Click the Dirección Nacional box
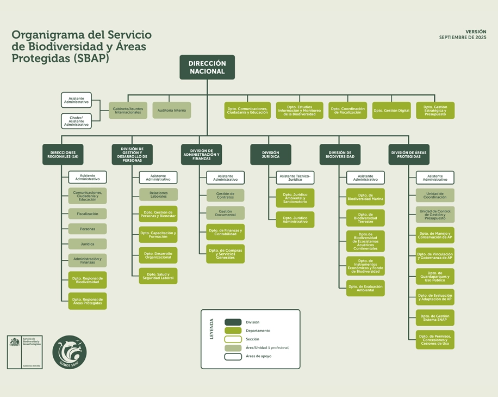[x=207, y=67]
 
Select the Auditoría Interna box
[x=172, y=111]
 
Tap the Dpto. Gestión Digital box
[x=391, y=111]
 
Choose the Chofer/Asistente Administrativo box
[x=76, y=121]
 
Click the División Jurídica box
[x=270, y=155]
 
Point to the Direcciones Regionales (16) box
[x=63, y=155]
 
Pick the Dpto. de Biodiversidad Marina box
[x=365, y=197]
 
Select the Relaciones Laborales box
[x=158, y=194]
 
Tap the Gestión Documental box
[x=225, y=213]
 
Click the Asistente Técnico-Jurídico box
[x=295, y=178]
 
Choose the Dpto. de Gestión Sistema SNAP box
[x=435, y=317]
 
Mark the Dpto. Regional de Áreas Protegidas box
[x=88, y=301]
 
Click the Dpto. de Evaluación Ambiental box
[x=365, y=288]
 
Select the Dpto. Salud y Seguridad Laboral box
[x=158, y=276]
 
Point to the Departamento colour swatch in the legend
[x=233, y=331]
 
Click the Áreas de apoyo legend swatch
[x=233, y=357]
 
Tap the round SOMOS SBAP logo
[x=70, y=352]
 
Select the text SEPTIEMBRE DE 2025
[x=463, y=38]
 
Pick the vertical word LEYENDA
[x=211, y=329]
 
